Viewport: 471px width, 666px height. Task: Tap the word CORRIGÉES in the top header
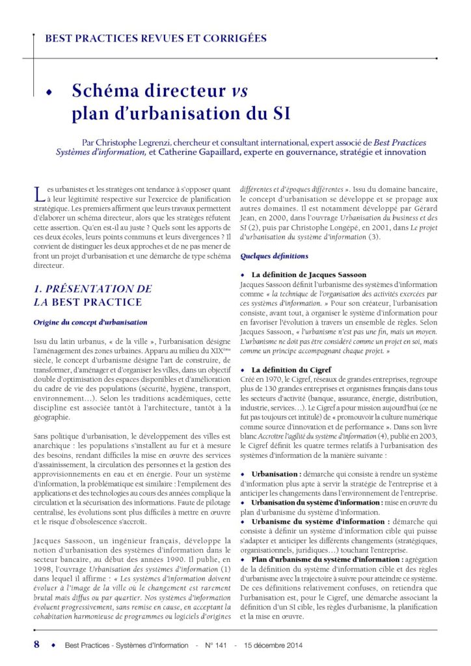tap(232, 38)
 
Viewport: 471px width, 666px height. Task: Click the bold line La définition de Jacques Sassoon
tap(308, 275)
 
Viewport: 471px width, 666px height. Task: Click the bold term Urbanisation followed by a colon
tap(276, 474)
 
